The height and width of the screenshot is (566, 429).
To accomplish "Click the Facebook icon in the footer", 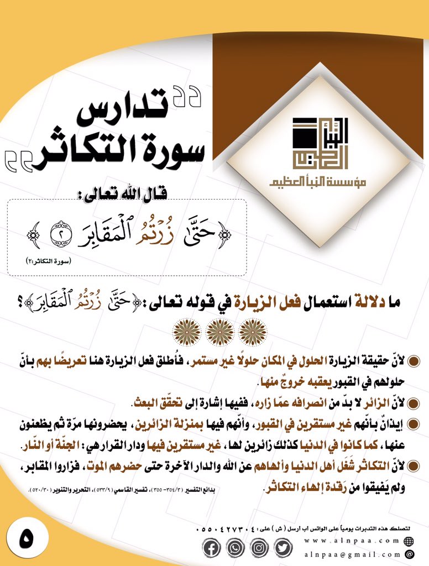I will point(212,548).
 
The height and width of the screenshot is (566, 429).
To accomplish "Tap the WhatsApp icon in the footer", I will point(236,548).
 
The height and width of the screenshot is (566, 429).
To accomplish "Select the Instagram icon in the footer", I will point(259,548).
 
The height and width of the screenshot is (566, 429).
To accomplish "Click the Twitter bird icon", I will point(282,548).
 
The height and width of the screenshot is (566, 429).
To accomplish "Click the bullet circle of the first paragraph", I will point(413,360).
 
